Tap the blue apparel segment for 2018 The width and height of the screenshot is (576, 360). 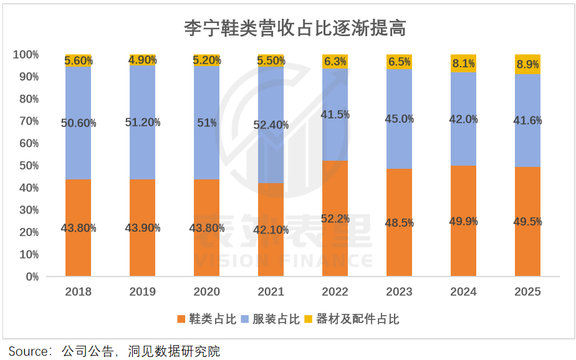78,149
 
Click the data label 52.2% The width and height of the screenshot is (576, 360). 335,219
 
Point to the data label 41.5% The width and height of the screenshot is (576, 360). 335,115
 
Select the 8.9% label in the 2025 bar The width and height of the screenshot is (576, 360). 527,64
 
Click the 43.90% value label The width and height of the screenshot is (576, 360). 142,228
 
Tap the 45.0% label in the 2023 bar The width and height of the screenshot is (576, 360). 400,119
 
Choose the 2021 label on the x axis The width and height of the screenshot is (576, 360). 271,291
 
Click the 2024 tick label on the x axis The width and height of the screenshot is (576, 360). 463,291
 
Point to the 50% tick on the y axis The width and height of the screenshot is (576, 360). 26,166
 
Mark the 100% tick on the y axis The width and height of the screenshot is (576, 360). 26,55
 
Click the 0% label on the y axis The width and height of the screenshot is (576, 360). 32,277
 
